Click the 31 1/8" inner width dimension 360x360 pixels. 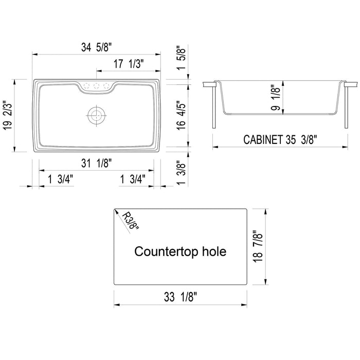[x=97, y=164]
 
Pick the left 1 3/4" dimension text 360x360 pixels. [x=60, y=179]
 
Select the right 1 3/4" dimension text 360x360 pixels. [x=133, y=179]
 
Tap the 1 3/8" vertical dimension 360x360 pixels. [x=181, y=175]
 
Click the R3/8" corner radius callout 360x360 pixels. [x=129, y=220]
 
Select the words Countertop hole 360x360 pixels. [x=180, y=251]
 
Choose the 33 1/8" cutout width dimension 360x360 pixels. [x=180, y=296]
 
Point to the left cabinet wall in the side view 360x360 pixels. [x=213, y=105]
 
